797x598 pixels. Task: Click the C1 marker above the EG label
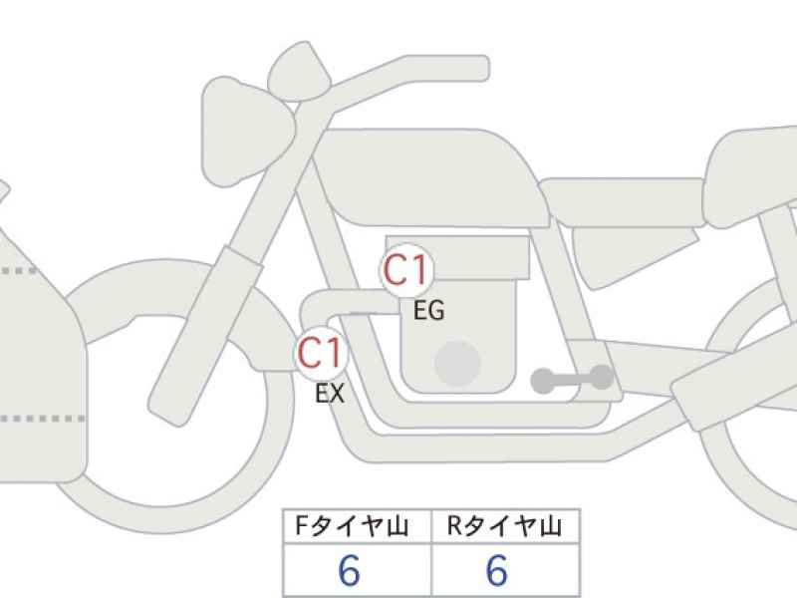[406, 270]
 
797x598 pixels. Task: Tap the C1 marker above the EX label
[321, 354]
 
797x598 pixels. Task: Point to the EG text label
[429, 310]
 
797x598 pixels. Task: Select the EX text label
[330, 393]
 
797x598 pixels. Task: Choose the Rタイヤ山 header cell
[505, 526]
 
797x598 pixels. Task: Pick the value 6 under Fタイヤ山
[350, 570]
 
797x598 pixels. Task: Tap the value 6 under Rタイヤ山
[496, 570]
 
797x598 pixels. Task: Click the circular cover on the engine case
[457, 363]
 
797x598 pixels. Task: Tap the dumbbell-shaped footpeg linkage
[572, 379]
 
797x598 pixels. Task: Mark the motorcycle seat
[623, 202]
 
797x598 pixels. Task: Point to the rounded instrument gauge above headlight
[299, 71]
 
